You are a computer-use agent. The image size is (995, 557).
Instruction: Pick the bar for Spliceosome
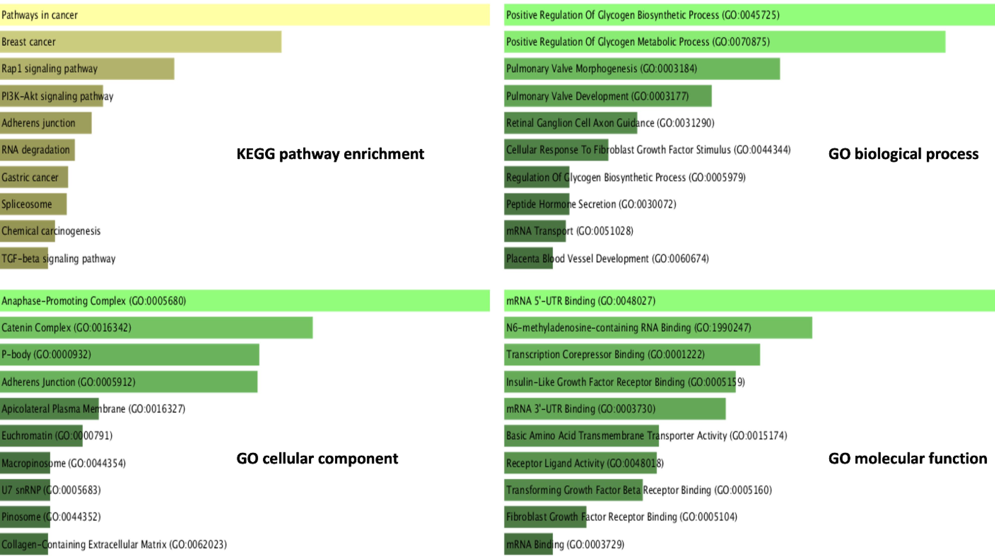tap(33, 204)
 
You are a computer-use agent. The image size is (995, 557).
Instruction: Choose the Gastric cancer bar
tap(34, 177)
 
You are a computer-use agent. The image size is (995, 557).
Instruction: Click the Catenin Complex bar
tap(156, 328)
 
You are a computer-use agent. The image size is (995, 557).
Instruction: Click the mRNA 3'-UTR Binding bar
tap(615, 409)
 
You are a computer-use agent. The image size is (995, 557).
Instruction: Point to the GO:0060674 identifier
tap(681, 258)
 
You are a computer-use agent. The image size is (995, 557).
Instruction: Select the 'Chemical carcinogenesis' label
tap(51, 231)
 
